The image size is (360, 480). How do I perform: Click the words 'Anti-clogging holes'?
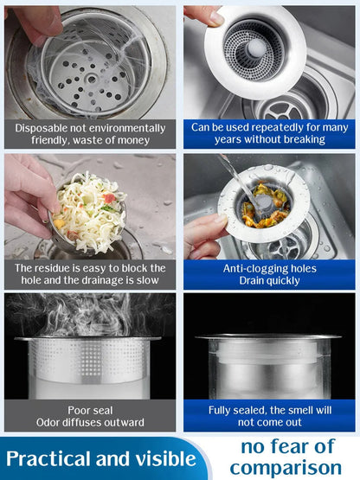(268, 268)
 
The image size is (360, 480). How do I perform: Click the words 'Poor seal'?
(90, 409)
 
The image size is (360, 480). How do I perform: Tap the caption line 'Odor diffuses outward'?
(90, 422)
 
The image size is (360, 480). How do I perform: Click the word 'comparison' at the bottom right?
(286, 468)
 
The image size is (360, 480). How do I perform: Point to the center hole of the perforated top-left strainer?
(90, 76)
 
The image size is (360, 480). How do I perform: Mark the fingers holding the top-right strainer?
(202, 16)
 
